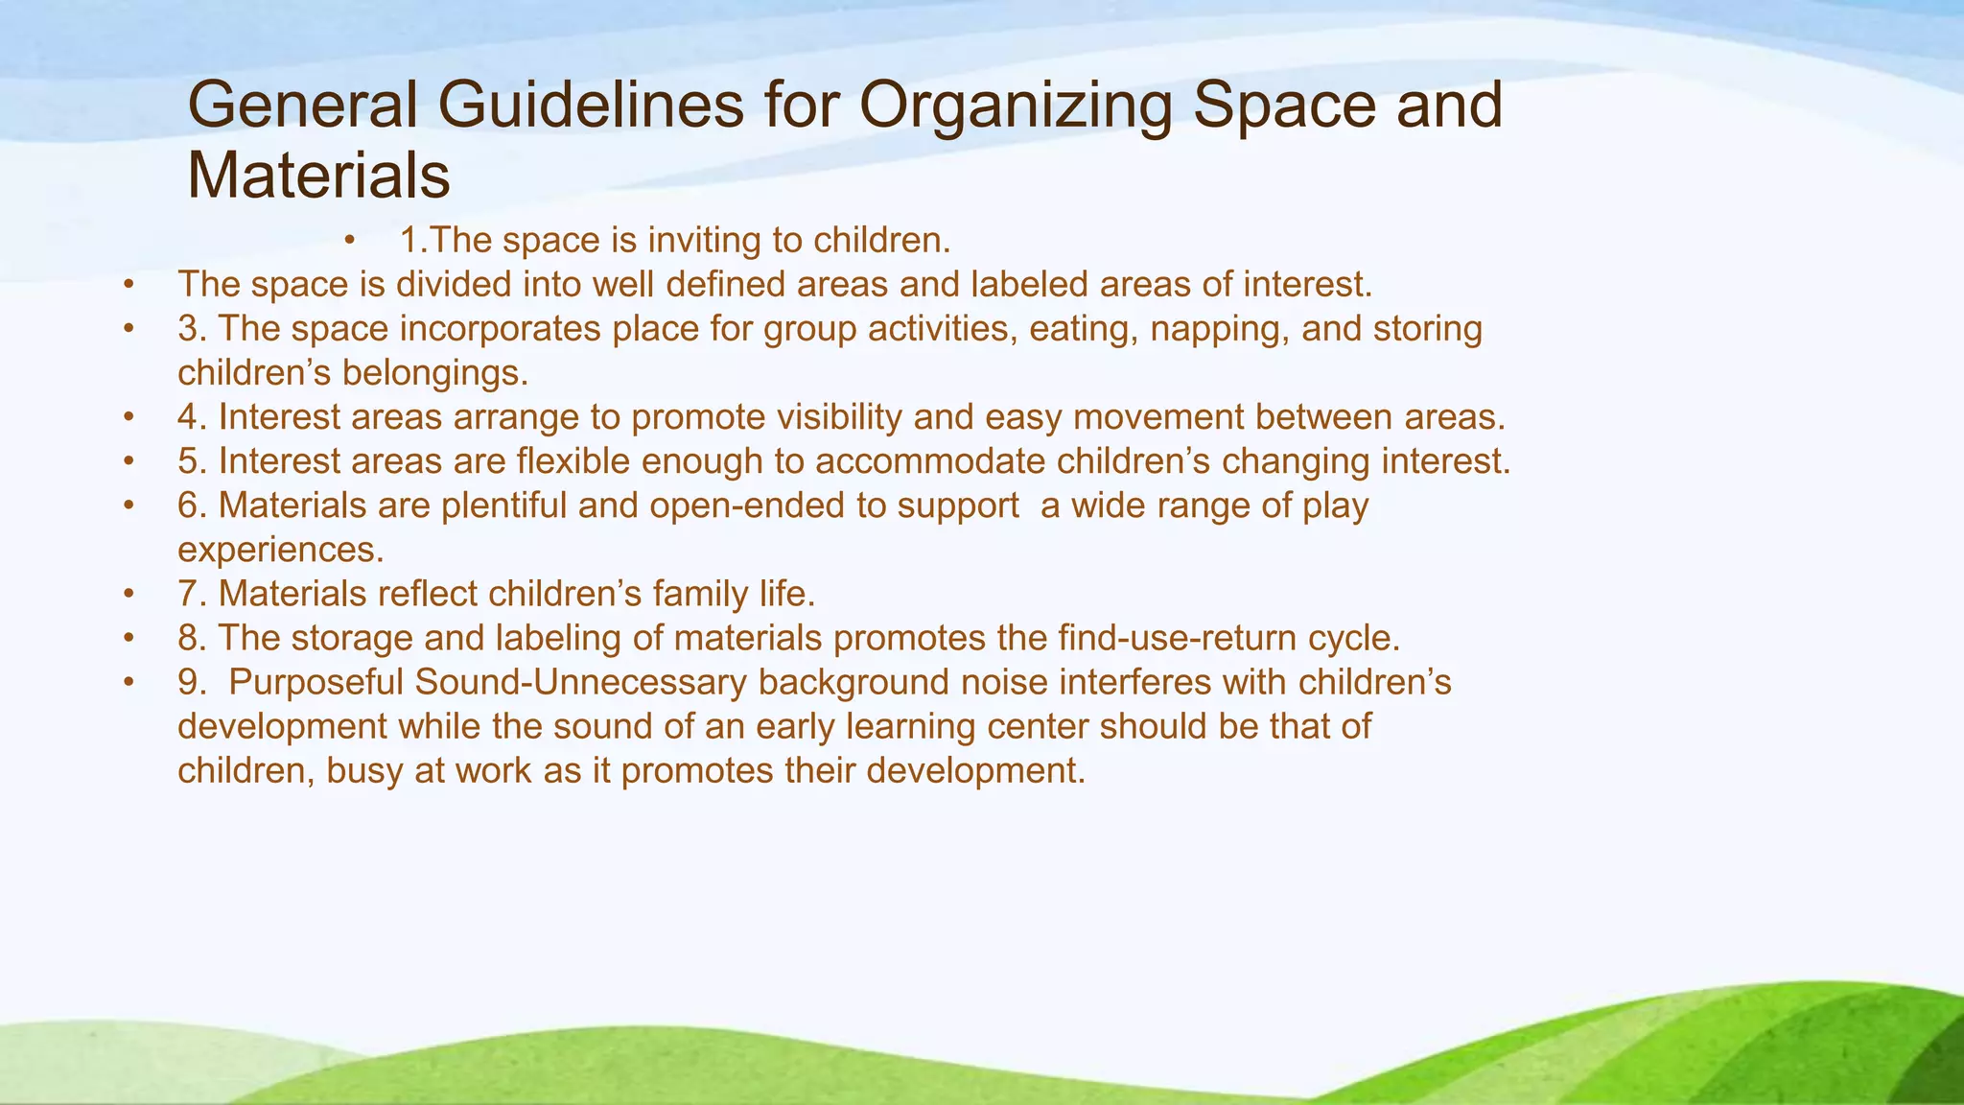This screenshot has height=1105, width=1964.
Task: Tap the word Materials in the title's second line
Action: pyautogui.click(x=318, y=176)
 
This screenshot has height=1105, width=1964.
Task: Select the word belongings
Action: pyautogui.click(x=434, y=373)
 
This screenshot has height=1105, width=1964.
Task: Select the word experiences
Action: pyautogui.click(x=280, y=550)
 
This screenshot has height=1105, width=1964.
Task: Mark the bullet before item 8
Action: pyautogui.click(x=129, y=639)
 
